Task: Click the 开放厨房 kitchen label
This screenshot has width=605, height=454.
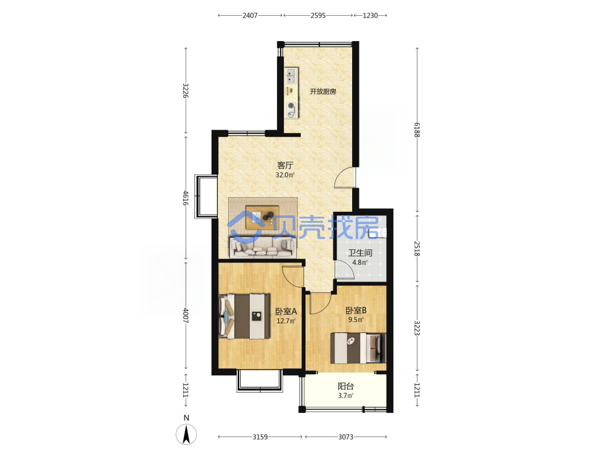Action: tap(323, 91)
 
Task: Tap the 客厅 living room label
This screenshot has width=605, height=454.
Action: tap(285, 165)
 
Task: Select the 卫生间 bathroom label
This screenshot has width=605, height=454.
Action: tap(360, 253)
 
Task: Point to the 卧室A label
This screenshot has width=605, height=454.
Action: tap(286, 311)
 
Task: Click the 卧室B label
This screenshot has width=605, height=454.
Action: tap(356, 310)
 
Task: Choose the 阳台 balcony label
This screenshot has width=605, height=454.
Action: tap(345, 386)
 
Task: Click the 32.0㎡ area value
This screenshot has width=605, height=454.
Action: tap(285, 175)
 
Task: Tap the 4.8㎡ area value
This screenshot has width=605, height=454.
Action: tap(360, 263)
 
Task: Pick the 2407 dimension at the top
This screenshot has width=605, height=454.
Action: tap(250, 16)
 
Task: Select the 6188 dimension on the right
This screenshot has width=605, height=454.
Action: tap(417, 130)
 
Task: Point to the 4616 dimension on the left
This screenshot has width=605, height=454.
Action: tap(186, 198)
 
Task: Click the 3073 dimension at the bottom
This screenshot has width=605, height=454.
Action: tap(345, 436)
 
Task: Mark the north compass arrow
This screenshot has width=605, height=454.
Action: tap(186, 434)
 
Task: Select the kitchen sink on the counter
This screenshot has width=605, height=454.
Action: tap(292, 76)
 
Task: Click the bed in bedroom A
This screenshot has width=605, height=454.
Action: tap(244, 317)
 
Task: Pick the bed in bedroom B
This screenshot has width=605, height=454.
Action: tap(358, 348)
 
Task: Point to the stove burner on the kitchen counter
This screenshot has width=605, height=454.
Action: tap(292, 106)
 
